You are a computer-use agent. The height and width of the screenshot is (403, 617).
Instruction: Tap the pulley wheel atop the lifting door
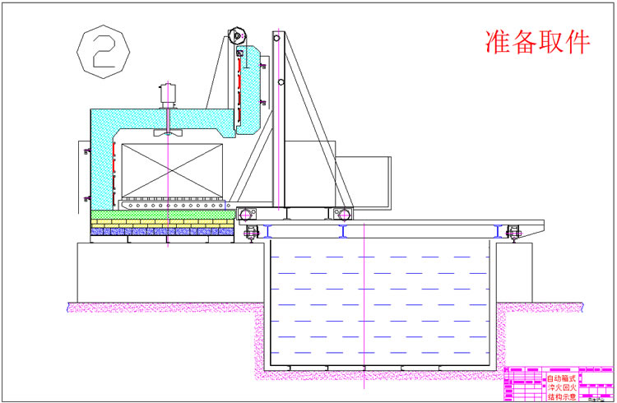coord(239,36)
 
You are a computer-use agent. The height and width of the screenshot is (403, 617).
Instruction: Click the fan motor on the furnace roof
coord(168,96)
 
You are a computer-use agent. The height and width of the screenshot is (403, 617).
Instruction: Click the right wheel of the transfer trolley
coord(343,214)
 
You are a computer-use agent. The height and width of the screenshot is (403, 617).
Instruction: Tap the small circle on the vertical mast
coord(281,83)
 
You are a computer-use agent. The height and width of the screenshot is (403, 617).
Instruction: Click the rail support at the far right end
coord(515,232)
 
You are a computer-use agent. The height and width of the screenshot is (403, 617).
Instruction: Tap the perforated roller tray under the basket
coord(173,201)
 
